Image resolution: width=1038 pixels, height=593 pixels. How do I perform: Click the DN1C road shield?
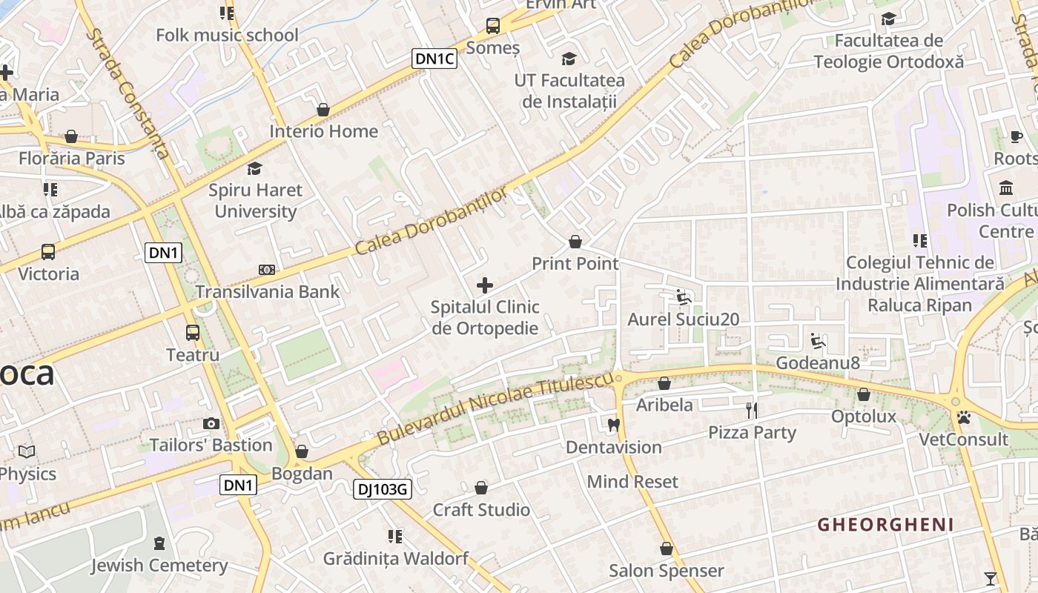(x=434, y=59)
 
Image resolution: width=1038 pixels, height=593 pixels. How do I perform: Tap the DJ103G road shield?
(x=382, y=488)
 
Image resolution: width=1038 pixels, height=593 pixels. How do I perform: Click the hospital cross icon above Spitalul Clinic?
(x=485, y=285)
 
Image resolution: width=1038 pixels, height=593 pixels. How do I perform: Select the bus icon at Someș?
(x=493, y=26)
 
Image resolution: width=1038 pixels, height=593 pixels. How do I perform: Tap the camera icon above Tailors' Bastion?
(x=211, y=423)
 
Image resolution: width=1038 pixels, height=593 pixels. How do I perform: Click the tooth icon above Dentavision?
(x=613, y=425)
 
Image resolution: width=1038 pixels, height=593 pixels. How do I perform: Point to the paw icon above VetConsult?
(x=963, y=418)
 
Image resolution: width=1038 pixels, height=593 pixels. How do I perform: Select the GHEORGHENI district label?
(x=885, y=525)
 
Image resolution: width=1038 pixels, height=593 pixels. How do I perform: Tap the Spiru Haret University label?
(x=255, y=200)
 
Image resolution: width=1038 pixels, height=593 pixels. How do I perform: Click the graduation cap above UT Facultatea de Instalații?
(x=569, y=59)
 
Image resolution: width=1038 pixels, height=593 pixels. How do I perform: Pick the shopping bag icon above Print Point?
(x=575, y=242)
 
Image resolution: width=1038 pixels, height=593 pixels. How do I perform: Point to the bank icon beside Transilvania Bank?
(x=267, y=270)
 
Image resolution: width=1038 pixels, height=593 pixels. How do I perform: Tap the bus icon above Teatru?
(x=193, y=332)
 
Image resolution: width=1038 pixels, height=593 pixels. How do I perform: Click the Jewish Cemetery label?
(x=159, y=566)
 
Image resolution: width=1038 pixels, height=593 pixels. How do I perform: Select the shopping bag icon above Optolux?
(x=864, y=394)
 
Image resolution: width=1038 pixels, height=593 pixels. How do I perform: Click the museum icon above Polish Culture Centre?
(x=1006, y=188)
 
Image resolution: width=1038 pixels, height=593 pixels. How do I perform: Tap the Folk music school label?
(x=227, y=35)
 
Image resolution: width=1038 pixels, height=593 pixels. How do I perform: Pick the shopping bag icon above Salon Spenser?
(x=666, y=549)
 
